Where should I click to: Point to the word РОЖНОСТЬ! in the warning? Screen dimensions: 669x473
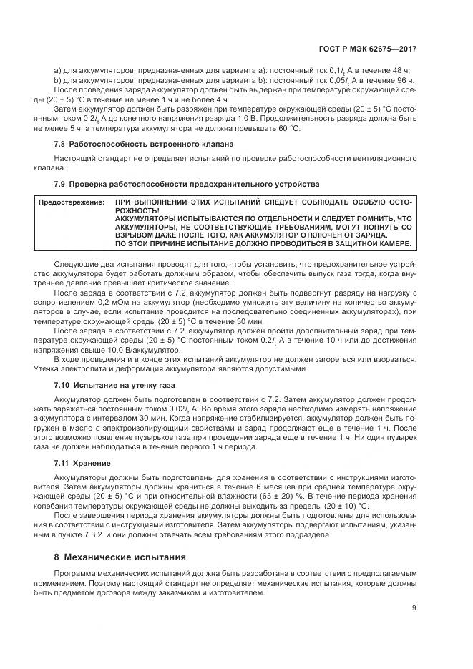(x=137, y=213)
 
